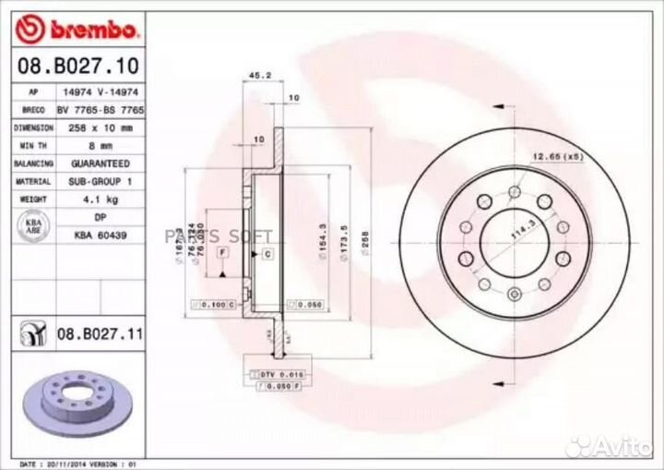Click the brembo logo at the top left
tap(77, 30)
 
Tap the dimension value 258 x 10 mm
tap(101, 127)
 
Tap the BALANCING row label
tap(33, 163)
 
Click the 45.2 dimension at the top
tap(261, 77)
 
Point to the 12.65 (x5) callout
tap(556, 156)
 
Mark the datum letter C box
tap(267, 252)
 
